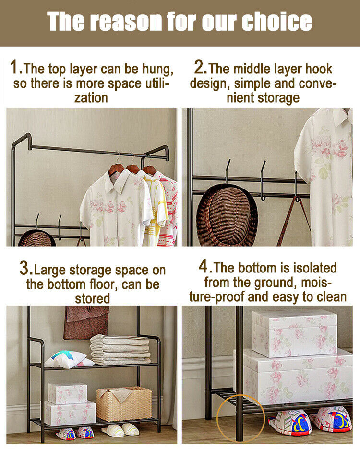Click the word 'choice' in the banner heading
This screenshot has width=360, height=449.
click(x=276, y=21)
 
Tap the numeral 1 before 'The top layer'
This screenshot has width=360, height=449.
click(x=14, y=67)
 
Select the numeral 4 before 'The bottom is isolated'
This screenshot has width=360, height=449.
click(x=203, y=266)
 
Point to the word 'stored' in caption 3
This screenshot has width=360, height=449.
click(x=92, y=298)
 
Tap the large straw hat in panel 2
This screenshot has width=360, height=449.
click(x=227, y=215)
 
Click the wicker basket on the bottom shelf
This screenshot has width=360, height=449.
click(x=124, y=404)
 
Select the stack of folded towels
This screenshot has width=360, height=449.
click(x=120, y=350)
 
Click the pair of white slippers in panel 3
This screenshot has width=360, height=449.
click(x=120, y=430)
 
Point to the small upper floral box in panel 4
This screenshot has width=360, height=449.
click(x=294, y=333)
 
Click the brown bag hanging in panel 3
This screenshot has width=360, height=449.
click(x=86, y=322)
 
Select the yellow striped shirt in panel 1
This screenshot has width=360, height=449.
click(x=155, y=206)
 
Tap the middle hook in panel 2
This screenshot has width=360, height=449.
click(x=263, y=180)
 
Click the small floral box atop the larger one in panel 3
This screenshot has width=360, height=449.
click(x=68, y=393)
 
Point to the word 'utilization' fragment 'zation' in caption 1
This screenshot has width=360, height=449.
click(x=91, y=98)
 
